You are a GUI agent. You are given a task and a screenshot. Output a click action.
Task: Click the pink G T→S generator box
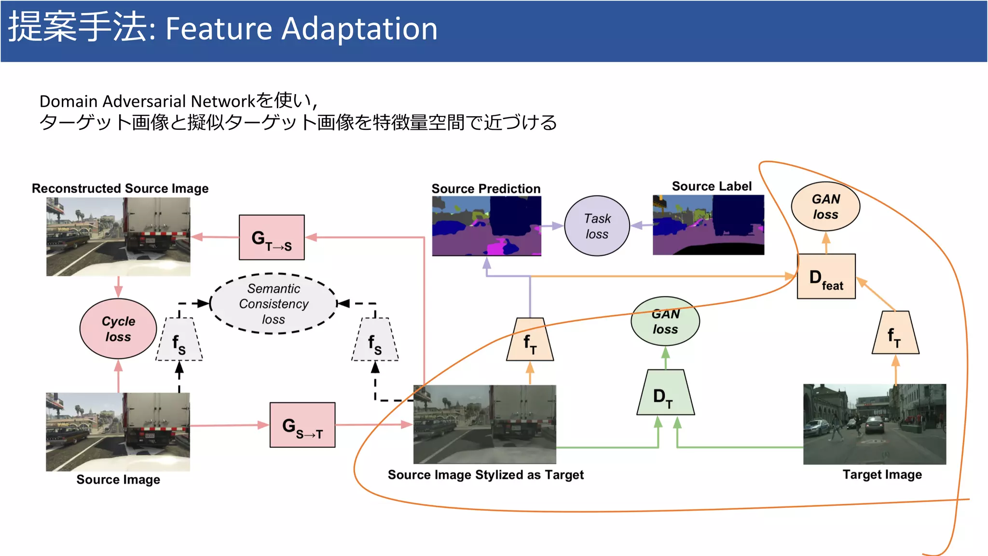(272, 237)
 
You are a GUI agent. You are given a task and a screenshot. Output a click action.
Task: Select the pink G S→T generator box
(302, 425)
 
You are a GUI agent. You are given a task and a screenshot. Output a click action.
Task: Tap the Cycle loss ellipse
(118, 329)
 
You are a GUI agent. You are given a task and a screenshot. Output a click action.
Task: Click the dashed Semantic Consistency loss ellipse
(274, 304)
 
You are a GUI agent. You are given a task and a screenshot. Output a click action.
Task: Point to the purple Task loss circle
(597, 226)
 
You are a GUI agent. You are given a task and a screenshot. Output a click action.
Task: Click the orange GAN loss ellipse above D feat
(825, 207)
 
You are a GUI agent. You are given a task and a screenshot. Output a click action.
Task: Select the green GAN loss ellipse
(665, 321)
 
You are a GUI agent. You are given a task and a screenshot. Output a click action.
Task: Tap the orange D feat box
(826, 277)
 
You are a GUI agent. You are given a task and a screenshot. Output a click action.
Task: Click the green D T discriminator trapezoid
(665, 393)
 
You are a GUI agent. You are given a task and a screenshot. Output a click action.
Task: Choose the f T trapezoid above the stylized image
(530, 340)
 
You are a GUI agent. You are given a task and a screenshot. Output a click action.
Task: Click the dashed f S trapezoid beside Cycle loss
(179, 340)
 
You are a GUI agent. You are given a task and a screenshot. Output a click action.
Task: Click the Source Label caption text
(712, 186)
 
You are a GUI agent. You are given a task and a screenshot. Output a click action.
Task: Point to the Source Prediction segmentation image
(486, 226)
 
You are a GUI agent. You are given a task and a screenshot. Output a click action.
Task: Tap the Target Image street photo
(874, 424)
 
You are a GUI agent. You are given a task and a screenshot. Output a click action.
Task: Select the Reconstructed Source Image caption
(120, 188)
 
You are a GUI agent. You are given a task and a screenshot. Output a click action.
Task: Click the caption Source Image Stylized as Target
(485, 475)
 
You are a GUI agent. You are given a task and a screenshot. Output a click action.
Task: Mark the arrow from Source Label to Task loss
(642, 225)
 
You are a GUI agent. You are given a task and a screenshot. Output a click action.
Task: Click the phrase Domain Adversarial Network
(147, 101)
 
